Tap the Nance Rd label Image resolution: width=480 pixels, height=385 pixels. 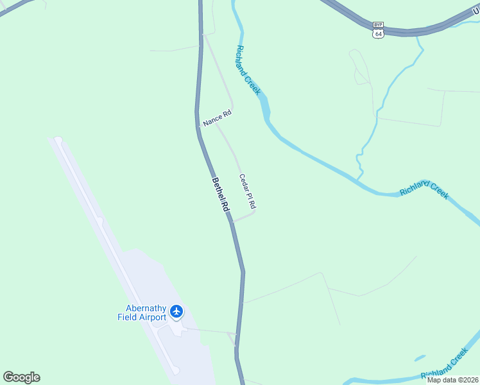click(216, 117)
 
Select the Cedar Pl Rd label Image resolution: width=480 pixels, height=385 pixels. click(248, 191)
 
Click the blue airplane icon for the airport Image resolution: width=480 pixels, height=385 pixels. click(176, 312)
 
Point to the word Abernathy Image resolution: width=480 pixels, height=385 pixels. click(142, 307)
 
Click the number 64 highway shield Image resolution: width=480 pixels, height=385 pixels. click(379, 33)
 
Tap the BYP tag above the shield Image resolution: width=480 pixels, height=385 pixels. click(379, 25)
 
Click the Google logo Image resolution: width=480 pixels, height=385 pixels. click(21, 377)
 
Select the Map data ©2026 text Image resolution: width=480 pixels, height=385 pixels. click(452, 380)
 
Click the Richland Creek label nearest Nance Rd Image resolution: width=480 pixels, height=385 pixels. click(248, 70)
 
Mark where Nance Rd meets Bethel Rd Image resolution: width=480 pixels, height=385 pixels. click(199, 126)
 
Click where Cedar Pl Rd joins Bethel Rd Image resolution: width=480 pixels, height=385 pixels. click(231, 222)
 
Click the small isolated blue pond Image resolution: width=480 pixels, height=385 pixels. click(420, 357)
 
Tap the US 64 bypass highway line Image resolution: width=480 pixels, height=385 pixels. click(411, 31)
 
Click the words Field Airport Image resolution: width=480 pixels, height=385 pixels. click(142, 317)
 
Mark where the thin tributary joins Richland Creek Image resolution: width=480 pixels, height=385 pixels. click(361, 179)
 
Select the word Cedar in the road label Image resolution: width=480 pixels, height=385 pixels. click(244, 182)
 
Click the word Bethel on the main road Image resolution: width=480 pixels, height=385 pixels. click(218, 187)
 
